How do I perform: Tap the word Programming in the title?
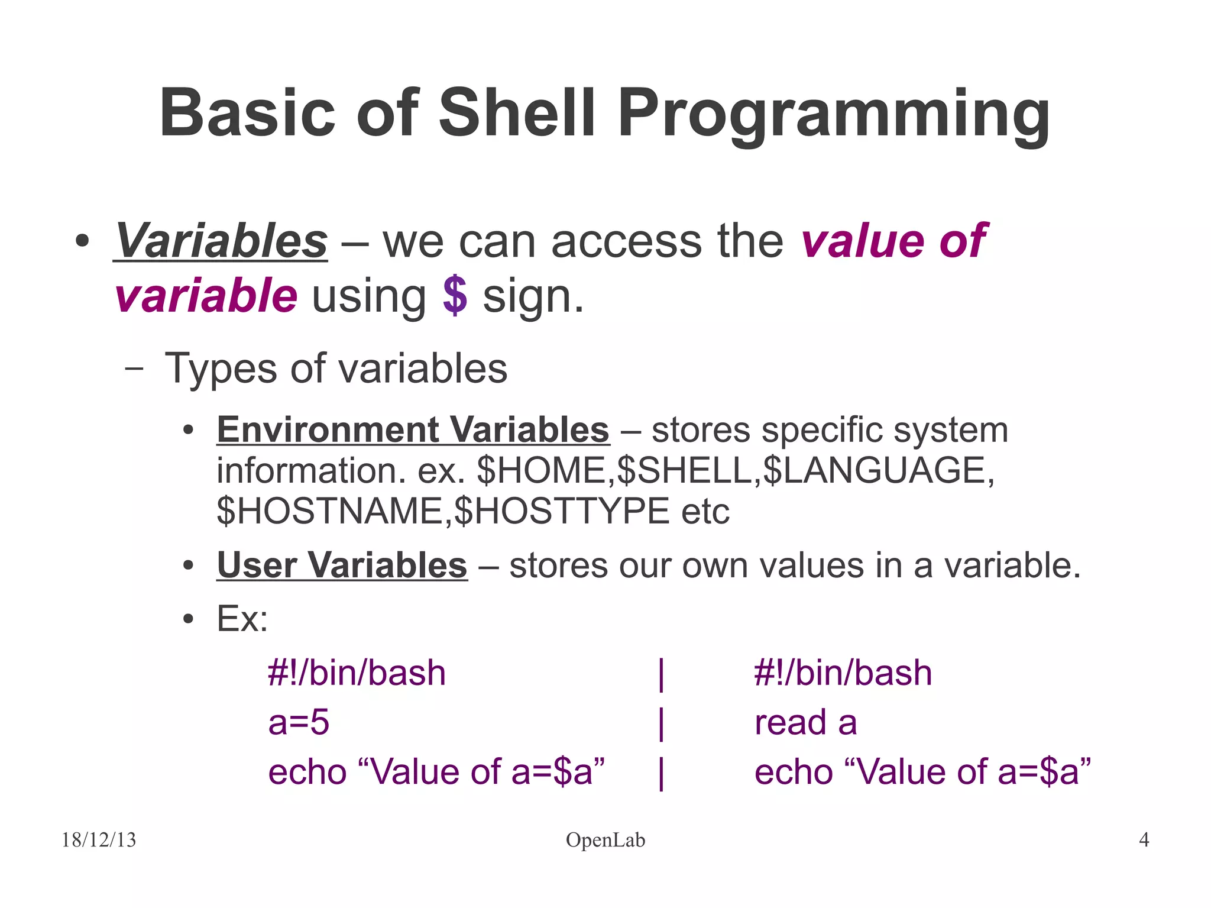pyautogui.click(x=834, y=115)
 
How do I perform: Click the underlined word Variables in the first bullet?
pyautogui.click(x=221, y=241)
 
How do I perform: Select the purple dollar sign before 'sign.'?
pyautogui.click(x=455, y=296)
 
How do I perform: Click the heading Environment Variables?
pyautogui.click(x=413, y=429)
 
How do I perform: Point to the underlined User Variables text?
pyautogui.click(x=342, y=565)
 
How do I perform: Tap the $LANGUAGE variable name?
pyautogui.click(x=874, y=471)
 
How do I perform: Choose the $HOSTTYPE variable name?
pyautogui.click(x=562, y=511)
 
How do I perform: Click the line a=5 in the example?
pyautogui.click(x=299, y=723)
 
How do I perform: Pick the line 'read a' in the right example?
pyautogui.click(x=805, y=723)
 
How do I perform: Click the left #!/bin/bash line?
pyautogui.click(x=357, y=673)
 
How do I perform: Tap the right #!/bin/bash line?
pyautogui.click(x=843, y=673)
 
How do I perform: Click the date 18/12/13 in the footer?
pyautogui.click(x=99, y=840)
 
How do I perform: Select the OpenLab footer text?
pyautogui.click(x=605, y=840)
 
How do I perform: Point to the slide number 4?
pyautogui.click(x=1144, y=840)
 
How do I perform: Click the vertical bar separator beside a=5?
pyautogui.click(x=661, y=723)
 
